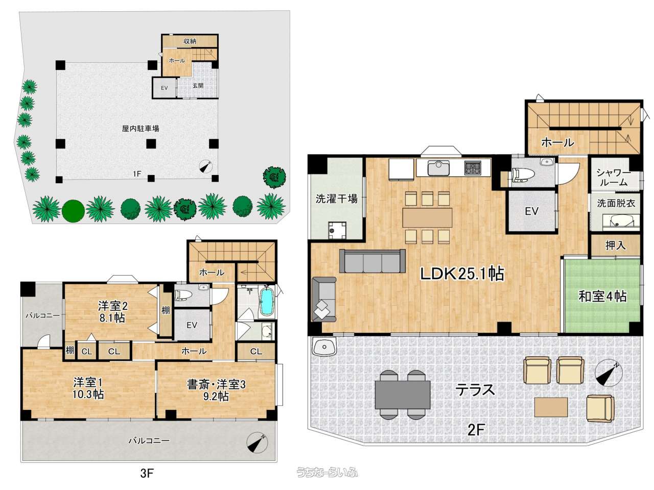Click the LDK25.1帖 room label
click(462, 274)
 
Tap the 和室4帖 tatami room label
click(602, 297)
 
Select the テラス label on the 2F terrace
click(475, 390)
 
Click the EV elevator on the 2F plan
click(531, 211)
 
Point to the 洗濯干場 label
click(336, 199)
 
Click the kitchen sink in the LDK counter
click(438, 168)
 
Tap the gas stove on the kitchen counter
click(473, 167)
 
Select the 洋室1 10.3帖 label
click(88, 388)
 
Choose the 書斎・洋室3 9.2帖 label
click(216, 390)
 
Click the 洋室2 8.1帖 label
click(112, 312)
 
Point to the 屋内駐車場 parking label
click(141, 129)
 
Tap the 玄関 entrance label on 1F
click(198, 86)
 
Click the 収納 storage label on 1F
click(190, 41)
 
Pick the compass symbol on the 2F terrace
click(609, 376)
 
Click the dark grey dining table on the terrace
click(402, 395)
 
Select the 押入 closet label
click(615, 246)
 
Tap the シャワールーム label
click(613, 178)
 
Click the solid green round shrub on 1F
click(73, 211)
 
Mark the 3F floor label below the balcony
click(147, 473)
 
